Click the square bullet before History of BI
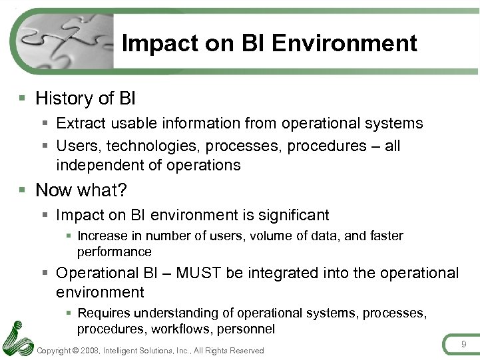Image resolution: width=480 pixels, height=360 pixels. tap(23, 98)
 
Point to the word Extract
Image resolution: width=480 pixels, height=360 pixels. tap(79, 123)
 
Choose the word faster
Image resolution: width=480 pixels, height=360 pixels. tap(382, 236)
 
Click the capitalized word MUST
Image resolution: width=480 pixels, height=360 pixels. tap(202, 273)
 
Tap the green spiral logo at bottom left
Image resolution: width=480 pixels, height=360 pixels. tap(16, 339)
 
